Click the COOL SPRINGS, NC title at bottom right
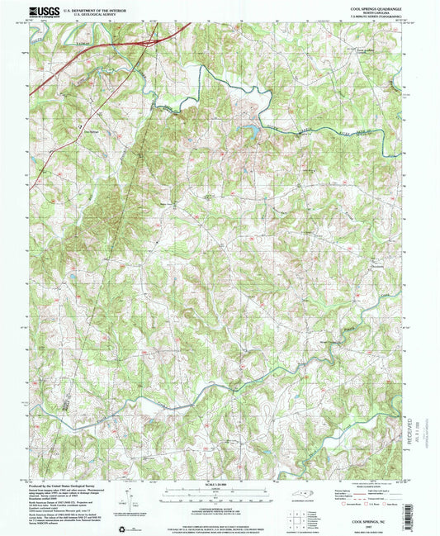376,522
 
